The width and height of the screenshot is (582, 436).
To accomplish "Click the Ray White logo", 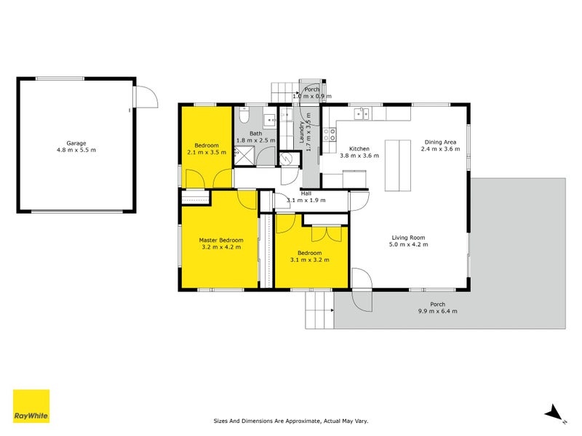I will tap(31, 406).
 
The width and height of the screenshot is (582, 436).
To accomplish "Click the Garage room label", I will tap(76, 143).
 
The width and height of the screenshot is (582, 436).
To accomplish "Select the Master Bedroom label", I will tap(221, 240).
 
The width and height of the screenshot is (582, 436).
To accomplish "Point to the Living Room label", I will tap(408, 238).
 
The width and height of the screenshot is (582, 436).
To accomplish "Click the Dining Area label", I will tap(441, 142).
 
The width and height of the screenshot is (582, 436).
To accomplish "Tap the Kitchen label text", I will tap(359, 149).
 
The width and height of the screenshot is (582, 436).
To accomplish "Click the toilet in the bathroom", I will tap(245, 115).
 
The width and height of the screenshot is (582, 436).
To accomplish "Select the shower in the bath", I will tap(247, 155).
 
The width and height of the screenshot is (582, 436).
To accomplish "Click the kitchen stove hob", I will tap(330, 134).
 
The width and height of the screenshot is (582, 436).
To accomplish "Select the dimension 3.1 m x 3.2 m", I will tap(310, 259).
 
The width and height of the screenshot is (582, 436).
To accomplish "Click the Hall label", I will tap(306, 193).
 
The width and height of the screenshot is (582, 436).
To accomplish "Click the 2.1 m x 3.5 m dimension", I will tap(207, 153).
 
